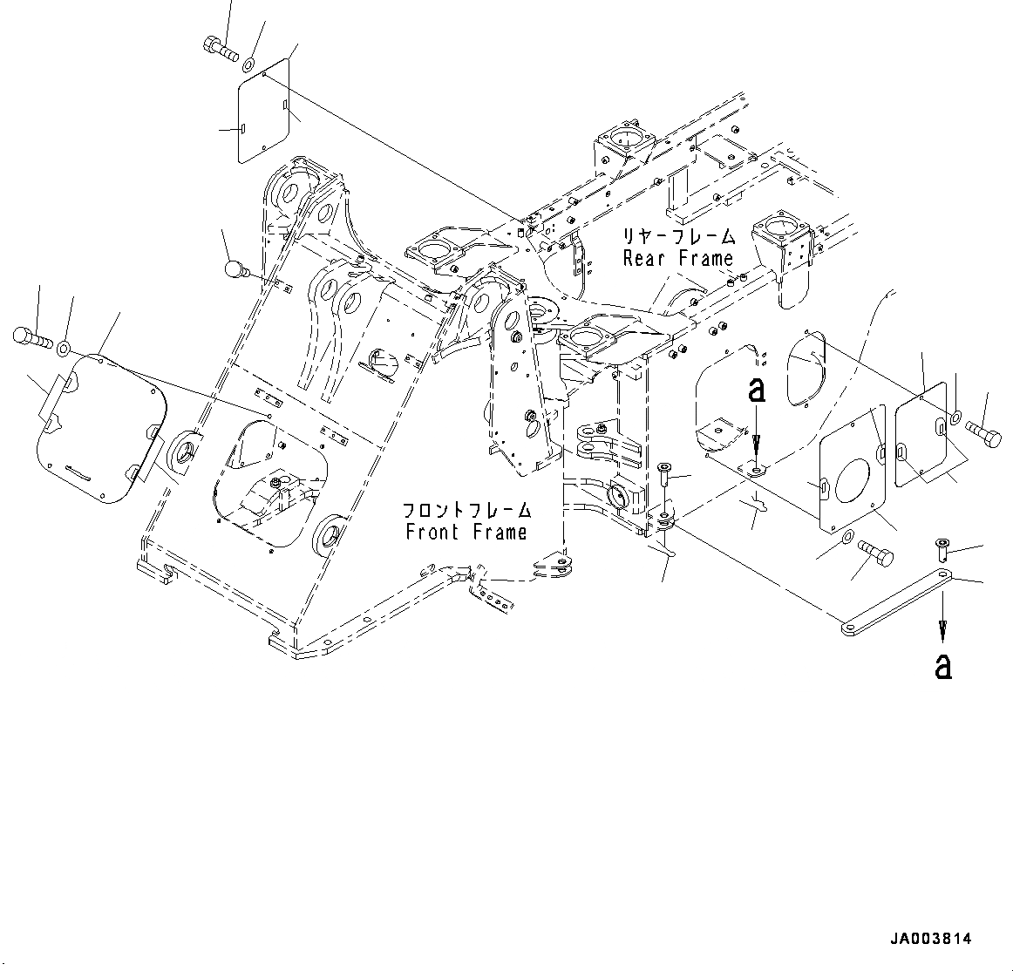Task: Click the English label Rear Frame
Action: [x=678, y=258]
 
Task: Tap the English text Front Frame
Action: [x=466, y=532]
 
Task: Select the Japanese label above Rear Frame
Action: [x=678, y=236]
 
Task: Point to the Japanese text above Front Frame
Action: [x=466, y=510]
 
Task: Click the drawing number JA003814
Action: [x=930, y=939]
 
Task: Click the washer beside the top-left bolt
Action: [x=248, y=63]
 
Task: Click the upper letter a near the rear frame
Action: [x=757, y=390]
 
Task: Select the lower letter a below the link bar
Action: [x=942, y=666]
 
